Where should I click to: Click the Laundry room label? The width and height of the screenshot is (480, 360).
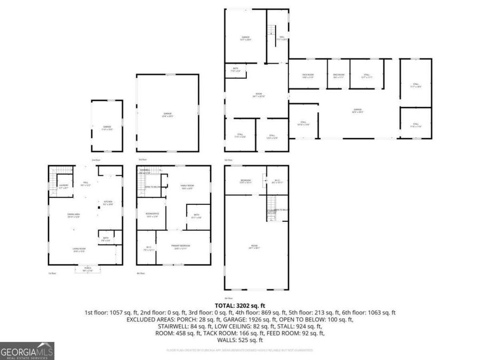(x=63, y=187)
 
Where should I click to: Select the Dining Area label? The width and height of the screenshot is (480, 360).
(x=74, y=215)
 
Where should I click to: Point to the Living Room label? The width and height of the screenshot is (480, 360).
(x=79, y=249)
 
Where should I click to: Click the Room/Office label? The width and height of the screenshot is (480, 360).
(x=152, y=215)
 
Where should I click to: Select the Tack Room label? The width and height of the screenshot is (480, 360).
(x=308, y=76)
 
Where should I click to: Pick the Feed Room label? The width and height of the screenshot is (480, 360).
(x=339, y=76)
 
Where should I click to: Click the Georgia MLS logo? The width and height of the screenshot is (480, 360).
(x=27, y=351)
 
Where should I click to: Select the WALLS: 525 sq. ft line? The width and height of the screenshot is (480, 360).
(x=240, y=340)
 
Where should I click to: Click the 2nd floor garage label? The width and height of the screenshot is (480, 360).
(x=107, y=127)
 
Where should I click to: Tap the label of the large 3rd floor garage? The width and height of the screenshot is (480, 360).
(x=167, y=115)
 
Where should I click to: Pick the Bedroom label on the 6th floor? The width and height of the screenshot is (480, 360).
(x=245, y=181)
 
